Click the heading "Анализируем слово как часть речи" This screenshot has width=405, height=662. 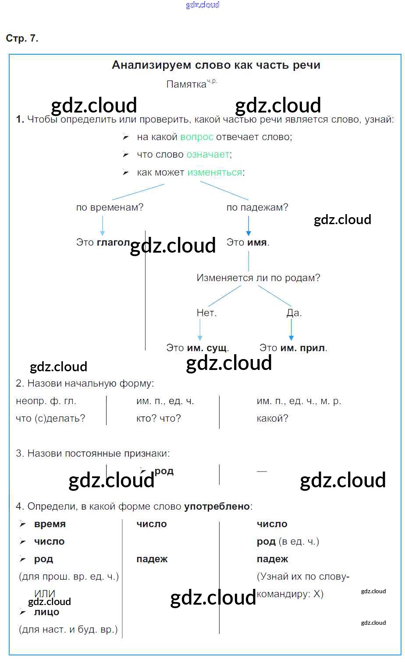point(216,65)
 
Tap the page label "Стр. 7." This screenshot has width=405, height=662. point(22,39)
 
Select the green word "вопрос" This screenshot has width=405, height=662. point(197,137)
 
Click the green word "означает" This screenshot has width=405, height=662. point(208,155)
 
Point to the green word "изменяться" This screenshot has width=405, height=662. point(215,173)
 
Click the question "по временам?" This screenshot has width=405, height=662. point(110,208)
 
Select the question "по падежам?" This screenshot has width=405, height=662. point(257,208)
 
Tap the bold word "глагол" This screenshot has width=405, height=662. point(114,243)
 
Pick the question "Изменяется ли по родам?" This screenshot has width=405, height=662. point(258,278)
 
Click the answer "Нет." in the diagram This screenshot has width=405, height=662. point(206,313)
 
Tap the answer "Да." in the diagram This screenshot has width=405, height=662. point(294,313)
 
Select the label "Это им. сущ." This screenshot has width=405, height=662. point(197,348)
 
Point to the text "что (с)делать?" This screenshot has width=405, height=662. point(50,419)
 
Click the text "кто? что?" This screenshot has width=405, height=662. point(158,419)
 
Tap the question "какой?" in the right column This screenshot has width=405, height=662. point(272,419)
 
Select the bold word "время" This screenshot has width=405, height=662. point(50,524)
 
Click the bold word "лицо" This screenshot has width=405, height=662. point(46,612)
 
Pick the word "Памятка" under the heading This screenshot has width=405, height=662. point(186,85)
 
